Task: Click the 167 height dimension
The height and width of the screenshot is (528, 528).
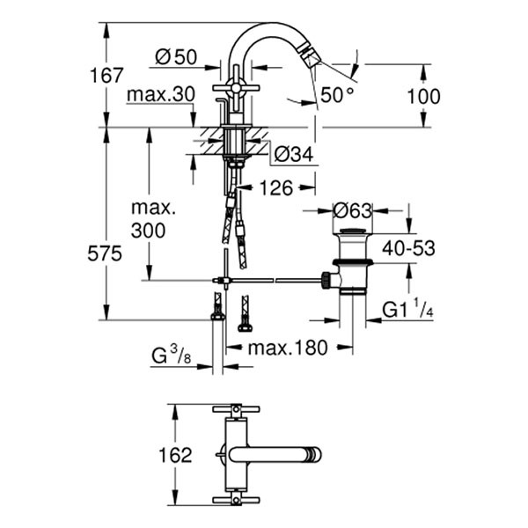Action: (106, 76)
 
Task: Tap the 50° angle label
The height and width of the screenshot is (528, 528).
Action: (336, 95)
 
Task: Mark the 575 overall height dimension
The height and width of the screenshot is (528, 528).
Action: (106, 253)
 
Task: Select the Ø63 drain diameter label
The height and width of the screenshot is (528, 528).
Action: (354, 211)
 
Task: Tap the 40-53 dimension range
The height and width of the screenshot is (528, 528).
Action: (407, 249)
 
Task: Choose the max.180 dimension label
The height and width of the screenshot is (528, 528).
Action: (287, 348)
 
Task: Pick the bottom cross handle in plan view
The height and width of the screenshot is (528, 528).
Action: (234, 500)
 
